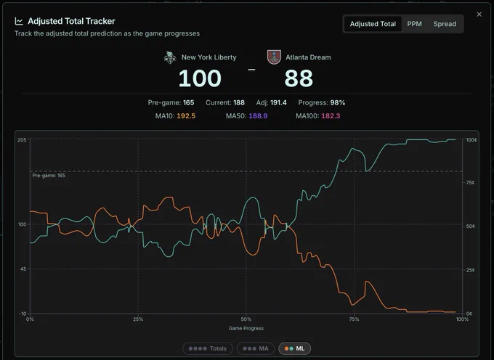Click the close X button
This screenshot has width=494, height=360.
point(479,15)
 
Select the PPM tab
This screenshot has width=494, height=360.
point(414,24)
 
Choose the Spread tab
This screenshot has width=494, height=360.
point(445,24)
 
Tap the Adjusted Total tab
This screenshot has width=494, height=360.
point(373,24)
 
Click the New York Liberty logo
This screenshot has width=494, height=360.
point(170,57)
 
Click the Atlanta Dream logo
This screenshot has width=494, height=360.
point(274,57)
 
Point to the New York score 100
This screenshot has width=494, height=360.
point(200,78)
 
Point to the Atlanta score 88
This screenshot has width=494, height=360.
point(299,78)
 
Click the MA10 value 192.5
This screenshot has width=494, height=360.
point(186,116)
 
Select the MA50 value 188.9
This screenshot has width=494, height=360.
point(258,116)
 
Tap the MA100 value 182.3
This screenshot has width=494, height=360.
point(331,116)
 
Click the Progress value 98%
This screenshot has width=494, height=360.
point(337,102)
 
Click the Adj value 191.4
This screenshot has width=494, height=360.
point(278,102)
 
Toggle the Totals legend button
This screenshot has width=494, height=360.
point(208,348)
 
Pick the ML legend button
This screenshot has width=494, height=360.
point(294,348)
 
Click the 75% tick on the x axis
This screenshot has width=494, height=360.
point(354,319)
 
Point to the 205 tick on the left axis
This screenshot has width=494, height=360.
point(22,140)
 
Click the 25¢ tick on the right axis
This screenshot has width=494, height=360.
point(470,270)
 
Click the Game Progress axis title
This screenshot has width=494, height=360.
point(246,328)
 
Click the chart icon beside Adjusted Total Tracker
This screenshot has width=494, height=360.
point(19,21)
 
